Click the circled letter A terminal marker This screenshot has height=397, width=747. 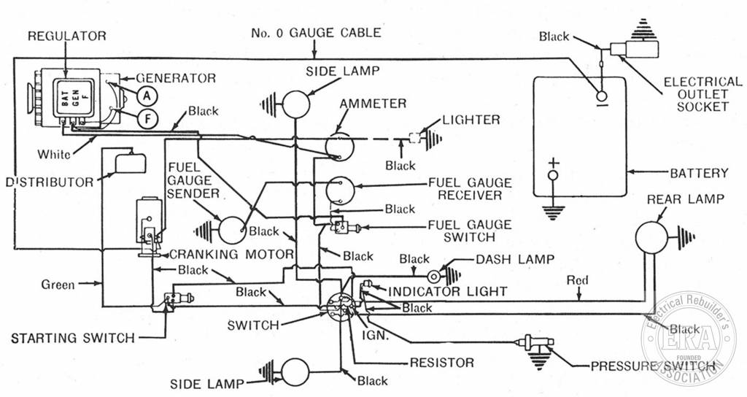pyautogui.click(x=147, y=96)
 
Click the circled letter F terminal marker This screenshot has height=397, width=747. pyautogui.click(x=147, y=119)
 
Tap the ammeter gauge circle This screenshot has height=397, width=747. pyautogui.click(x=340, y=147)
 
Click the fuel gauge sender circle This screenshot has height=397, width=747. pyautogui.click(x=233, y=231)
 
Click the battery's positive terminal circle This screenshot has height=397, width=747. pyautogui.click(x=553, y=175)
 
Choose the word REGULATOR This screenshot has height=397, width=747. pyautogui.click(x=66, y=36)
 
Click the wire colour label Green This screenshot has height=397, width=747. pyautogui.click(x=58, y=285)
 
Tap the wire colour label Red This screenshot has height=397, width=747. pyautogui.click(x=578, y=280)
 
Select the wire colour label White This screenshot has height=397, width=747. pyautogui.click(x=54, y=155)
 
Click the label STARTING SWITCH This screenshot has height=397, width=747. pyautogui.click(x=73, y=339)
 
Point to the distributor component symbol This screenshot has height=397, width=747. pyautogui.click(x=130, y=161)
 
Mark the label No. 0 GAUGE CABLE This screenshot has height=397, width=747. pyautogui.click(x=316, y=33)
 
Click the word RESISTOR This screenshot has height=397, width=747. pyautogui.click(x=442, y=363)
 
